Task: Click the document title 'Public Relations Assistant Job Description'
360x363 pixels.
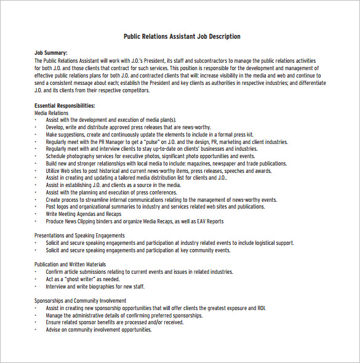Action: coord(182,36)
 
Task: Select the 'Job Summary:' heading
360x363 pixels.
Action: coord(51,54)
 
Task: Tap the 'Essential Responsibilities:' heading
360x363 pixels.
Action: coord(65,106)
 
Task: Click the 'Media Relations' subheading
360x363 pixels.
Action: coord(52,113)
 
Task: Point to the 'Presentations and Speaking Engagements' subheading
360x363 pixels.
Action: coord(79,236)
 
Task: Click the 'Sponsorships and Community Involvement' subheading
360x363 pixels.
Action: coord(81,301)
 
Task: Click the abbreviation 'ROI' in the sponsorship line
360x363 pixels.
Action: coord(262,308)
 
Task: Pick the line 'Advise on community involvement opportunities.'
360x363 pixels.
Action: coord(98,330)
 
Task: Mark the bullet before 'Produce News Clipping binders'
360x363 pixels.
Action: coord(36,221)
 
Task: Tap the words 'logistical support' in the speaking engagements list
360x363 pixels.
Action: coord(272,243)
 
